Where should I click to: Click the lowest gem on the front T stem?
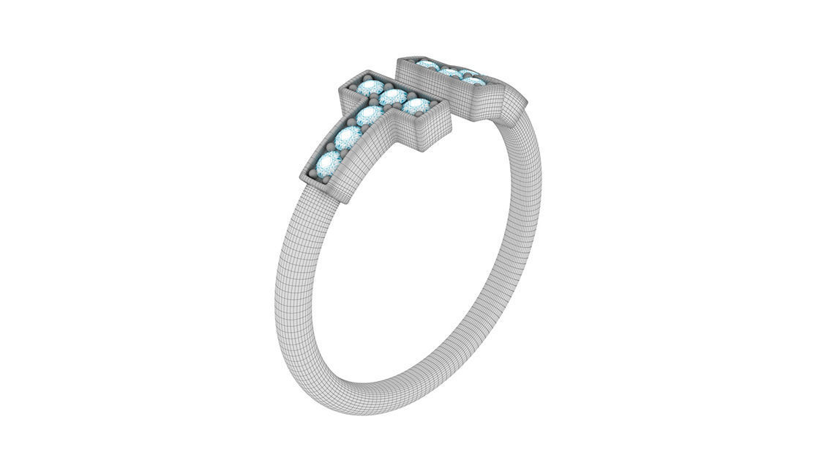(330, 163)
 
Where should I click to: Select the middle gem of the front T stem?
(348, 138)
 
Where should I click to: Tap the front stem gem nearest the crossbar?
(370, 115)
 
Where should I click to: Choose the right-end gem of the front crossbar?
(416, 107)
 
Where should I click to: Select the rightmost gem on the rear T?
(474, 78)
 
